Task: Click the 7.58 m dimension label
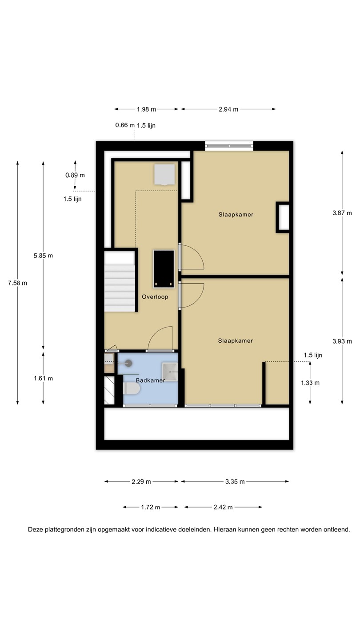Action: [17, 283]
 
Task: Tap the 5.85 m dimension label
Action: [43, 256]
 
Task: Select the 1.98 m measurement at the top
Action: [146, 109]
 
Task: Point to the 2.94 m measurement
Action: [228, 109]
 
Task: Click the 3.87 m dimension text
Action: [342, 213]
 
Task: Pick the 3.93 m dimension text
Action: [342, 341]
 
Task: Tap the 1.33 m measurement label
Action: [310, 383]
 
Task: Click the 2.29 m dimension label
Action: [141, 482]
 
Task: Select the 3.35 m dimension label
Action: [235, 482]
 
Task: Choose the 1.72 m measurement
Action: [151, 507]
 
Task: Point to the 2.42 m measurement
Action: [223, 507]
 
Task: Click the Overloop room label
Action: [155, 297]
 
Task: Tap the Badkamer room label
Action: [150, 380]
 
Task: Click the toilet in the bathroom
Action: [132, 388]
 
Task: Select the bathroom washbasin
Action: [170, 372]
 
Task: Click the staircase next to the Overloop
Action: [120, 281]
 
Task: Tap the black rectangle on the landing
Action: [164, 268]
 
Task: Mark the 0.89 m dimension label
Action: [75, 175]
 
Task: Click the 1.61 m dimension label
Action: [43, 378]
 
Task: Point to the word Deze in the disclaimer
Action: [35, 529]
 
